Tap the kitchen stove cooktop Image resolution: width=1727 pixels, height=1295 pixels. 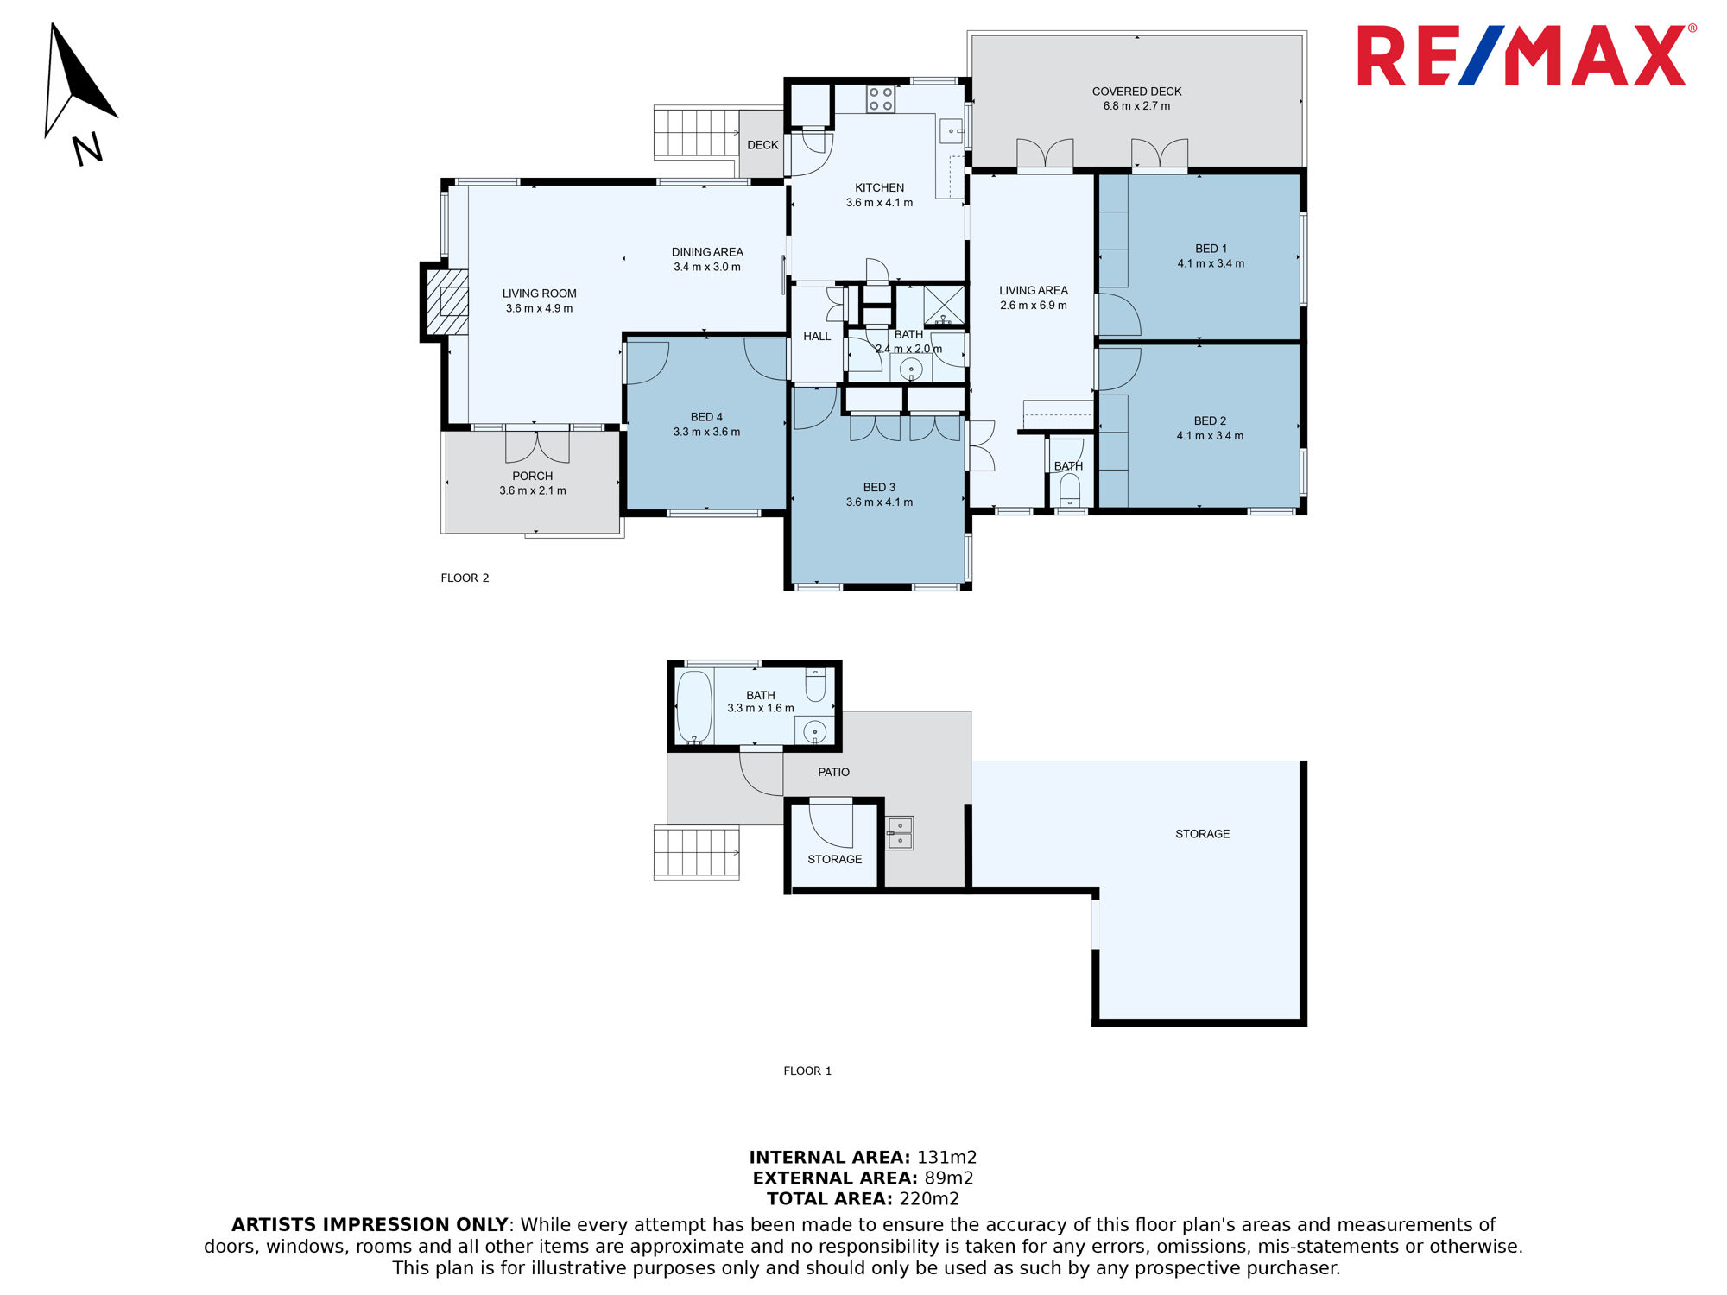click(881, 99)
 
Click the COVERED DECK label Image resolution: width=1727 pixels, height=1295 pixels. click(1136, 92)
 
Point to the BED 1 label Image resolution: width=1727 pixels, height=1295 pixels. click(1211, 249)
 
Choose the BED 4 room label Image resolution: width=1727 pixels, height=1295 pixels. click(706, 417)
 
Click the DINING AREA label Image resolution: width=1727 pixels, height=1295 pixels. click(707, 252)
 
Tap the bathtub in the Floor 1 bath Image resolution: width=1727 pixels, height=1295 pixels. click(694, 707)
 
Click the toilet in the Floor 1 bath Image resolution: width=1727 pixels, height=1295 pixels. click(815, 685)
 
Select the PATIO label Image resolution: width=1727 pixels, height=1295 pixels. click(833, 772)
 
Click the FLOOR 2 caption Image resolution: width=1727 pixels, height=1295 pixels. click(465, 578)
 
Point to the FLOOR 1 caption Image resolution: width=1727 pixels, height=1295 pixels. click(807, 1071)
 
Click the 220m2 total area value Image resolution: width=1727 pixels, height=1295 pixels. click(929, 1198)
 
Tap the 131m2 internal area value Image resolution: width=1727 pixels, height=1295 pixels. click(946, 1157)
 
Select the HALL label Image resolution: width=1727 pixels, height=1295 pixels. click(817, 337)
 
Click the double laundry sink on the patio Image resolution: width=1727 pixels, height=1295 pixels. click(900, 833)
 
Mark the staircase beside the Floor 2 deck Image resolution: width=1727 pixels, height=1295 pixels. click(697, 132)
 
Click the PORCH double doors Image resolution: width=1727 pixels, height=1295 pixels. click(537, 445)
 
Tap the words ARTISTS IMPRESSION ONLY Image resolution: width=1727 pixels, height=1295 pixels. click(370, 1224)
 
